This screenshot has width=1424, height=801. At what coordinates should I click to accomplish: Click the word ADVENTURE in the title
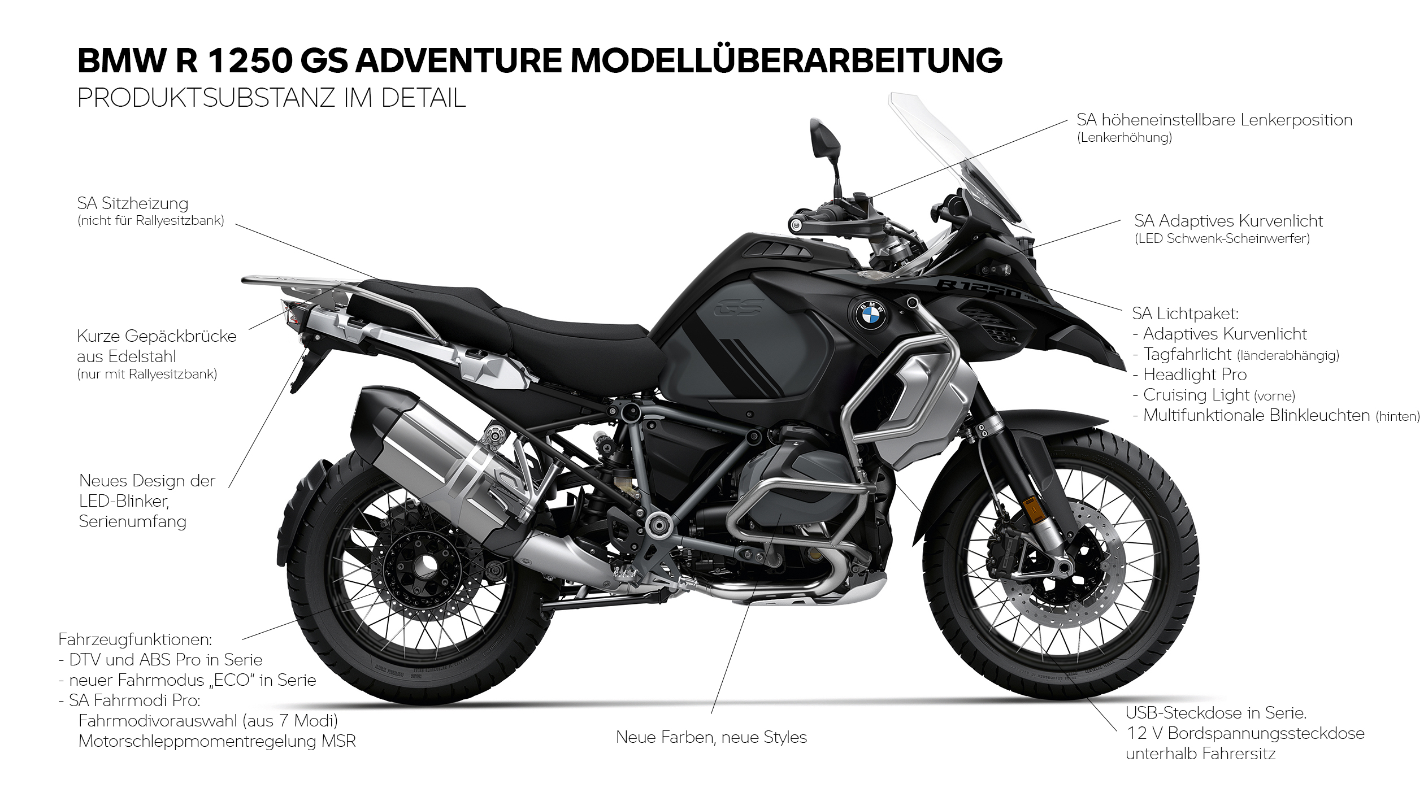[x=458, y=60]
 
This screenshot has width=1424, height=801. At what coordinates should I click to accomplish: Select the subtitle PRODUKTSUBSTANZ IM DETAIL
[x=271, y=98]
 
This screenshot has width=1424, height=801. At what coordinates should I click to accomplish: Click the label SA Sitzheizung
[x=133, y=203]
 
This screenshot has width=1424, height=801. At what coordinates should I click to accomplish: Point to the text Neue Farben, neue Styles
[x=711, y=737]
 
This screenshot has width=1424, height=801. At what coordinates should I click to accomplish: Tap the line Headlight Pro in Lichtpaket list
[x=1195, y=375]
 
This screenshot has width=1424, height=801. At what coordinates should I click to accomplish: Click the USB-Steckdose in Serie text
[x=1215, y=713]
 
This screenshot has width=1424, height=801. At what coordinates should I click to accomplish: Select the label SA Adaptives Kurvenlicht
[x=1228, y=221]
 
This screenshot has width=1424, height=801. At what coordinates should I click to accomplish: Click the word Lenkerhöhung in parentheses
[x=1125, y=137]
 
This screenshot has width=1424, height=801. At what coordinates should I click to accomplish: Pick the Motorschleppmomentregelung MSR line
[x=217, y=741]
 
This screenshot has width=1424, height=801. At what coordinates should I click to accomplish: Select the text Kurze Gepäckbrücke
[x=157, y=336]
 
